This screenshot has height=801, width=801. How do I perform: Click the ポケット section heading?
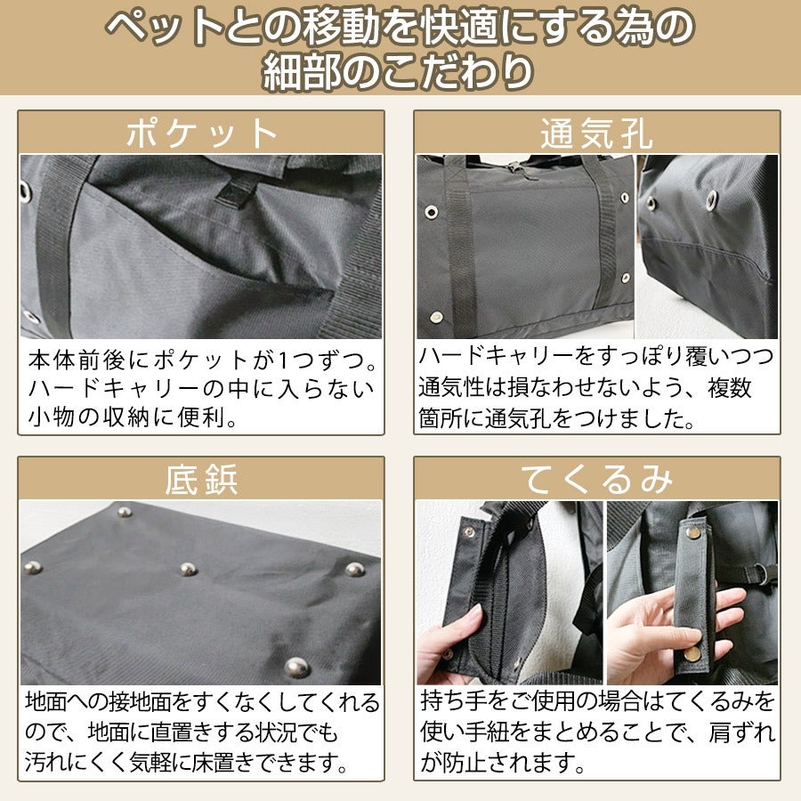pos(201,133)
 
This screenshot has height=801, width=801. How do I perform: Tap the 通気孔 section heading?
pos(596,133)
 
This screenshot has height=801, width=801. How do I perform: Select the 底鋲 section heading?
pos(201,480)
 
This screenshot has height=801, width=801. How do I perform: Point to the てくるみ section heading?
pos(596,480)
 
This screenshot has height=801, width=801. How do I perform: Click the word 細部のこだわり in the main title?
pos(399,71)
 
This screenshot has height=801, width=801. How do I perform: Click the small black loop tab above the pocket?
pos(236,192)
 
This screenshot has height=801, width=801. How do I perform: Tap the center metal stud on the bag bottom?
pos(188,569)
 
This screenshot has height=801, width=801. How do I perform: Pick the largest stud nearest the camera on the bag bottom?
pos(296,667)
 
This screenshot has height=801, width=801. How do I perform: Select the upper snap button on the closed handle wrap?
pos(693,533)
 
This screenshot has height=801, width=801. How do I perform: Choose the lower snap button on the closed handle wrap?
pos(692,653)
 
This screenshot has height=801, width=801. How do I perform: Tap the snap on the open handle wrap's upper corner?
pos(469,531)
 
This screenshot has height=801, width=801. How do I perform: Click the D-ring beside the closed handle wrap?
pos(761,570)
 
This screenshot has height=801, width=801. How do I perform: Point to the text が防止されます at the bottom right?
pos(497,764)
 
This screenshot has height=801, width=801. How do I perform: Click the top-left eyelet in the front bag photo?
pos(431,212)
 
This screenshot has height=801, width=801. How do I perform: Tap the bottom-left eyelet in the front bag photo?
pos(436,317)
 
